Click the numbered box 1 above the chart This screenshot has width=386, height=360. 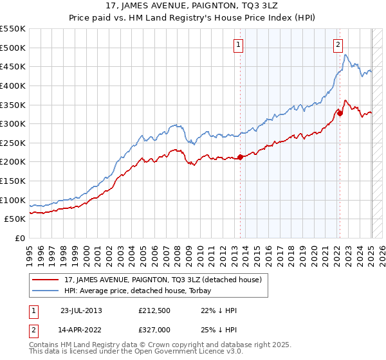238,45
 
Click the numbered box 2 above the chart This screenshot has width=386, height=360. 338,45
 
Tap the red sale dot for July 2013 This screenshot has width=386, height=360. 240,156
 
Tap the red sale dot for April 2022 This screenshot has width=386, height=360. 340,113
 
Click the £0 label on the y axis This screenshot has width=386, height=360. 20,238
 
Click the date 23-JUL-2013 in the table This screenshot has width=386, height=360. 81,310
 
